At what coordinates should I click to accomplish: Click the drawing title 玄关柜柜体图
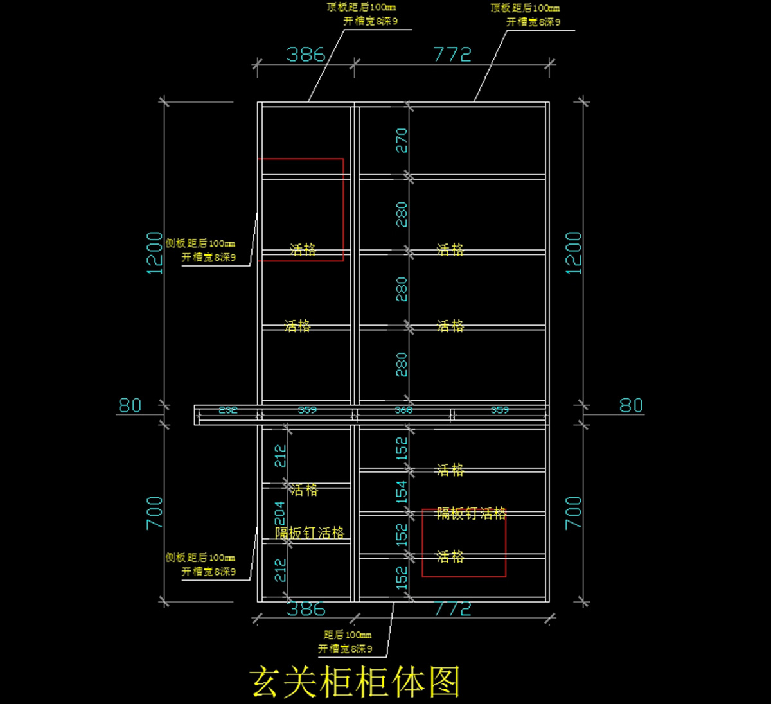[355, 682]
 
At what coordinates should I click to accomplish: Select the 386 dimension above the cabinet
[305, 54]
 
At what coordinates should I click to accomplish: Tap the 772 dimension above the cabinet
[452, 54]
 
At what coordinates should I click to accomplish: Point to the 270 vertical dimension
[402, 140]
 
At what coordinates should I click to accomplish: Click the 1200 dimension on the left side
[155, 253]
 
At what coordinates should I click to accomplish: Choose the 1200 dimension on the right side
[573, 253]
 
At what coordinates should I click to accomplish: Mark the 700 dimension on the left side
[155, 512]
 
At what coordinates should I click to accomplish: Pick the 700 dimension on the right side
[573, 512]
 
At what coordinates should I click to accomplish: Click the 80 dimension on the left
[130, 405]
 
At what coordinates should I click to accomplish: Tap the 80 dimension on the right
[631, 405]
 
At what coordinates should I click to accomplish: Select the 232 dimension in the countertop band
[228, 410]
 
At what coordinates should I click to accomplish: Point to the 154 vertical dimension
[402, 492]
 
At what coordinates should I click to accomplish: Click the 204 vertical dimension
[280, 513]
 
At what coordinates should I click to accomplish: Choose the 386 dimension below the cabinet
[306, 608]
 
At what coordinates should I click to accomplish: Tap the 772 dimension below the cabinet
[453, 608]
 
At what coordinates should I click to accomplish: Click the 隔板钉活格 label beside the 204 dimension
[310, 532]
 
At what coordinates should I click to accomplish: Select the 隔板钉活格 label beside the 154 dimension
[472, 513]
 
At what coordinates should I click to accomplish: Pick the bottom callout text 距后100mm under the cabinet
[347, 635]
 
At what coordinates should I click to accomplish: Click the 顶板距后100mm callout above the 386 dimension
[361, 7]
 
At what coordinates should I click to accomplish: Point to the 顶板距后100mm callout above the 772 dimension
[525, 8]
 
